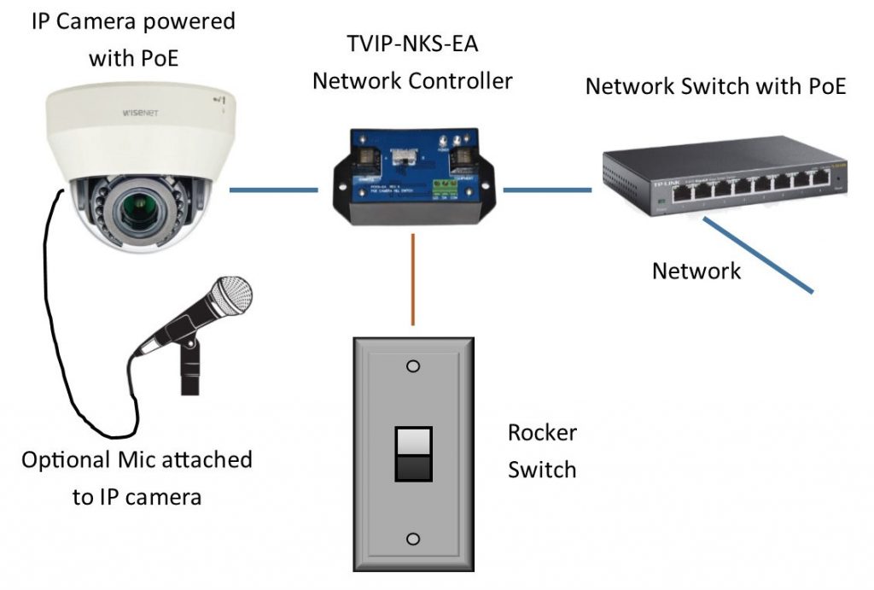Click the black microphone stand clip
[190, 349]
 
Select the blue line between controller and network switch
[546, 190]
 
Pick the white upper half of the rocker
[412, 441]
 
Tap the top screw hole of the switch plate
[413, 366]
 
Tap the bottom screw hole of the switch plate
[413, 540]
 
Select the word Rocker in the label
[542, 433]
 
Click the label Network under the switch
[696, 272]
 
